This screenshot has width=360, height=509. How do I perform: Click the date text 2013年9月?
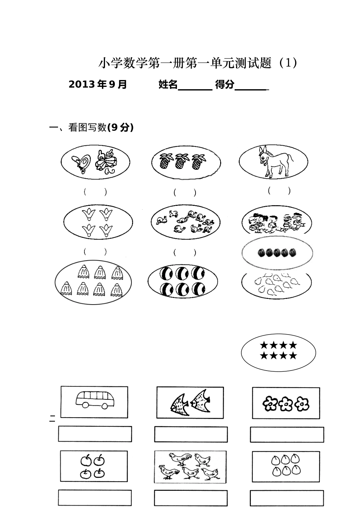point(98,85)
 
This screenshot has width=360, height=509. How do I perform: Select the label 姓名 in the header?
point(168,85)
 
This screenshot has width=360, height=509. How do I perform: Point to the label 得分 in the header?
point(225,85)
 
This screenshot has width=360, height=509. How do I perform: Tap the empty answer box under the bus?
point(95,434)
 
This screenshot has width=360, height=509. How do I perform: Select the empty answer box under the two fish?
point(191,434)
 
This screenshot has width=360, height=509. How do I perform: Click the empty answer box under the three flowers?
point(287,435)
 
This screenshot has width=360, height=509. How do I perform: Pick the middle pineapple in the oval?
point(180,162)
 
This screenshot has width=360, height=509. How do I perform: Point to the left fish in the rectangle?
point(178,404)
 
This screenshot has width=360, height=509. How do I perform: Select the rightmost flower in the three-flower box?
point(302,404)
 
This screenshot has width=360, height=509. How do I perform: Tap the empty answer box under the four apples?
point(95,497)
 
